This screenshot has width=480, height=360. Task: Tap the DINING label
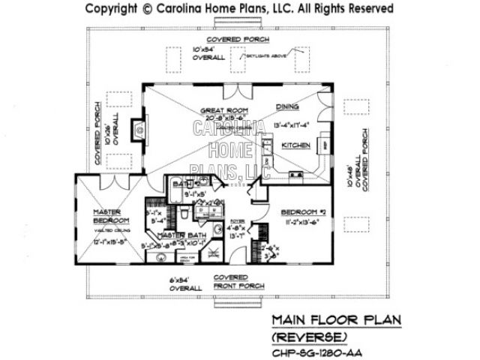[x=289, y=107]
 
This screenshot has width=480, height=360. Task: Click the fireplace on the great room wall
[x=139, y=130]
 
